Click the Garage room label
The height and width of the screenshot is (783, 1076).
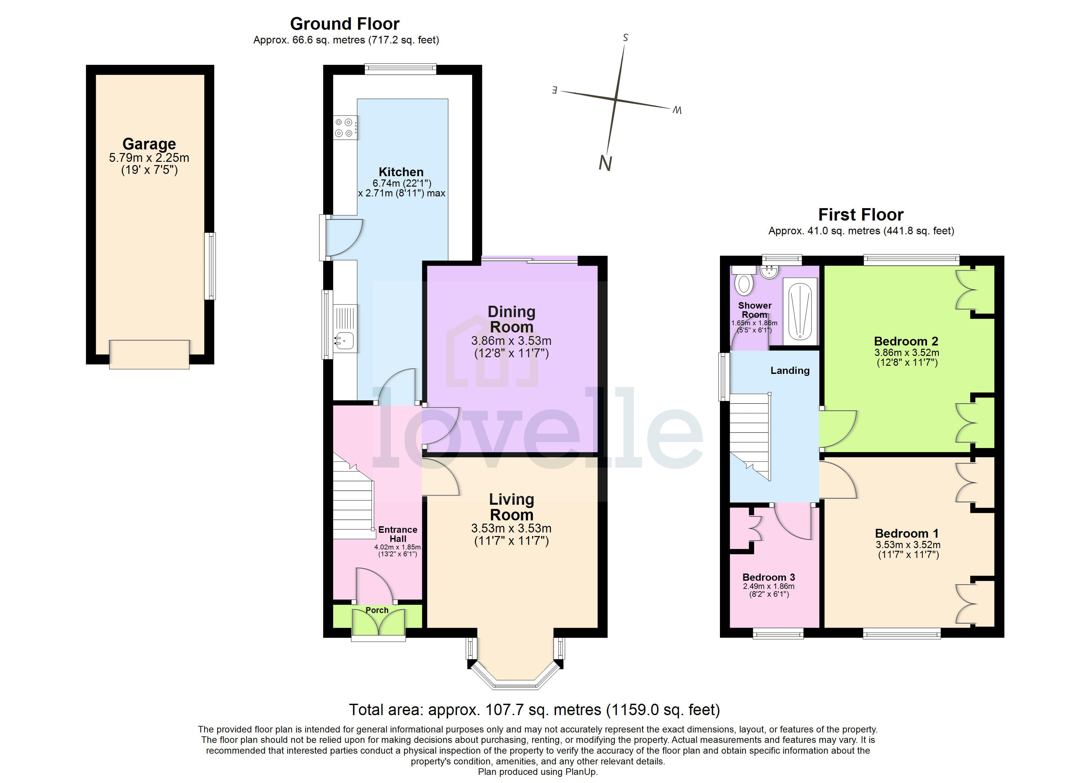149,144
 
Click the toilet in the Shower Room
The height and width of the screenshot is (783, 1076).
744,284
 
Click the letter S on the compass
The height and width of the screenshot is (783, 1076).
625,38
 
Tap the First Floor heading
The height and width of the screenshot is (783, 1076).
860,215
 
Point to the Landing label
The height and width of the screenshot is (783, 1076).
789,370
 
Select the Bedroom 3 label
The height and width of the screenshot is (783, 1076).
768,577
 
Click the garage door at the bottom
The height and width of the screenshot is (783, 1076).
149,354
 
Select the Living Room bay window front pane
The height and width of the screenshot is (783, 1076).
515,685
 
